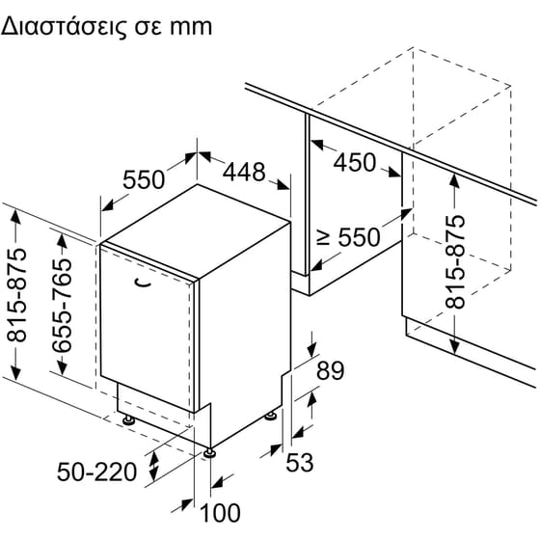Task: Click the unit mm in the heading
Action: coord(191,28)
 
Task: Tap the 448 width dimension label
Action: coord(244,172)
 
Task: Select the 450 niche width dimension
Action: coord(355,162)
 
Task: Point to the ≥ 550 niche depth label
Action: coord(348,237)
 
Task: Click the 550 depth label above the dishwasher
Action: coord(144,179)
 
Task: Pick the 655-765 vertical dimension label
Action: coord(63,306)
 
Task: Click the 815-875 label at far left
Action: coord(16,295)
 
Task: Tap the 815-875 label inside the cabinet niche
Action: coord(455,261)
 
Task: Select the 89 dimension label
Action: coord(330,370)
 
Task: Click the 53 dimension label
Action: coord(300,462)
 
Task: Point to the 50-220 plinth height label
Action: coord(96,472)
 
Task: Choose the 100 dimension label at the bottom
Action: coord(220,513)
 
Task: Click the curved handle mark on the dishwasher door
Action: coord(143,283)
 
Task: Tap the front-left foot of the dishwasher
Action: coord(129,419)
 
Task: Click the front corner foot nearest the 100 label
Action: coord(210,452)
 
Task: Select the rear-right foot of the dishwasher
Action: coord(270,416)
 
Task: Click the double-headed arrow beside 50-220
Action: coord(154,467)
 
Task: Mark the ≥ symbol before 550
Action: coord(323,237)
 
